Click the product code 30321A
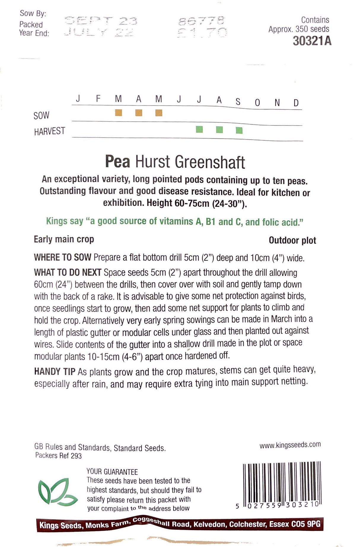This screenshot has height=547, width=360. (x=312, y=41)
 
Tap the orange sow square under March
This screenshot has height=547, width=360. (x=119, y=113)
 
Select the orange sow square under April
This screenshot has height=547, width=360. (x=139, y=113)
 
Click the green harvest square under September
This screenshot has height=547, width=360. (x=239, y=130)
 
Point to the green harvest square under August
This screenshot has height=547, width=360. (x=219, y=130)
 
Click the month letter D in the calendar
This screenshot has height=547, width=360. (x=296, y=103)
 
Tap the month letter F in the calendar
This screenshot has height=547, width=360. (x=98, y=98)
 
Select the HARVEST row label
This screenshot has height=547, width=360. (x=50, y=131)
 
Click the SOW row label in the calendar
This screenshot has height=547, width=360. (x=42, y=115)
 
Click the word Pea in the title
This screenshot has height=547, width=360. (x=117, y=162)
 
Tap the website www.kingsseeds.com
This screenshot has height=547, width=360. (x=290, y=445)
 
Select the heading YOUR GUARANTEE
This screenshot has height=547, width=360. (x=112, y=471)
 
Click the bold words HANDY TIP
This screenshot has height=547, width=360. (x=55, y=371)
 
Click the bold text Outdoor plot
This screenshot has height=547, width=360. (x=292, y=240)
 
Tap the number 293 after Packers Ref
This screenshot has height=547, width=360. (x=76, y=456)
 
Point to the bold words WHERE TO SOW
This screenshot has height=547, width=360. (x=63, y=257)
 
